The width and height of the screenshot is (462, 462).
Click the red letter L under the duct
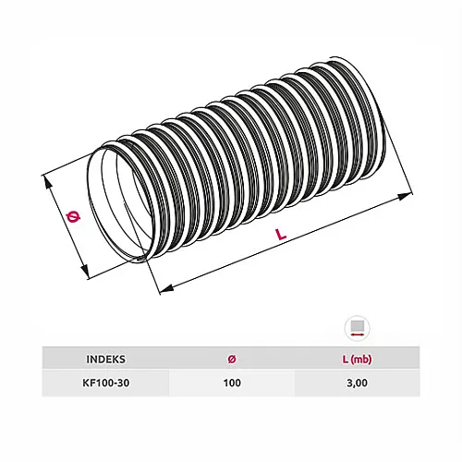click(281, 237)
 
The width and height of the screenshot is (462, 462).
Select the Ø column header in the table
click(231, 359)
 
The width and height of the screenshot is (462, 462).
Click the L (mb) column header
click(357, 359)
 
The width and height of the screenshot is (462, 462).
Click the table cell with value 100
click(231, 383)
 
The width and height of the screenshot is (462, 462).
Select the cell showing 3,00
click(357, 383)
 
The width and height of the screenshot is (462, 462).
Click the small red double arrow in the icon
click(357, 338)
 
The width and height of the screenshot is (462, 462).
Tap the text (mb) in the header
click(362, 359)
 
